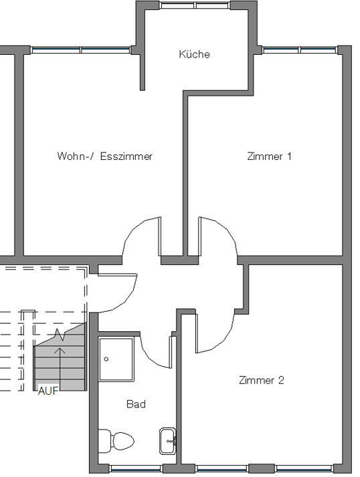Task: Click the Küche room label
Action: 195,54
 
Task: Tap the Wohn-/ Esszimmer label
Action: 104,156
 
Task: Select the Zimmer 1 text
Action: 269,157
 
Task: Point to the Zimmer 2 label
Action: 262,380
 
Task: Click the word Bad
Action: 136,404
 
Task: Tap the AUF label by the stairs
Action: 48,391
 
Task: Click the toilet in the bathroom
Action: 116,441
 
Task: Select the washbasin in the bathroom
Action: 168,441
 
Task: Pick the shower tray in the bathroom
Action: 116,359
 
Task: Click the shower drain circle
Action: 106,359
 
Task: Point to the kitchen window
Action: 195,5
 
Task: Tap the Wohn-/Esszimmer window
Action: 81,50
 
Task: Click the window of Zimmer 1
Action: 300,50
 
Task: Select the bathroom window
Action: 136,468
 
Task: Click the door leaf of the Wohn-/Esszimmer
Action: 159,236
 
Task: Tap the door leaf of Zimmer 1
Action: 200,236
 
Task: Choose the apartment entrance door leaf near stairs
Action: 118,275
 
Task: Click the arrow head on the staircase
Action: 60,351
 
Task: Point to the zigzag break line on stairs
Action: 60,335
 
